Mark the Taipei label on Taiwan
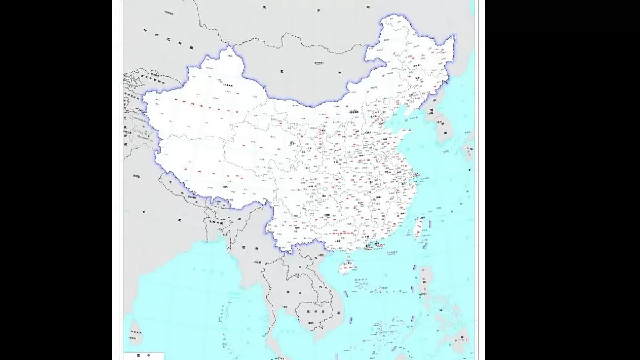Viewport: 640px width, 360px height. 421,218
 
